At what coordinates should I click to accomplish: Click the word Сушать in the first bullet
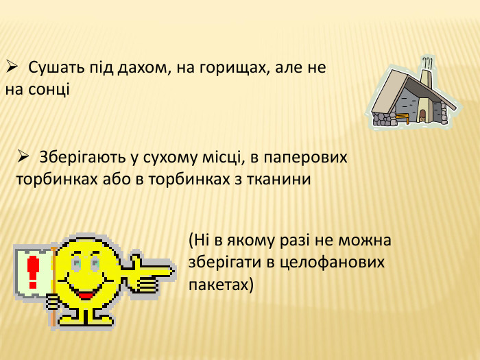[x=55, y=68]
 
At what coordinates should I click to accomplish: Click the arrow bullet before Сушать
[x=12, y=67]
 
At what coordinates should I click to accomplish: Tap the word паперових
[x=309, y=157]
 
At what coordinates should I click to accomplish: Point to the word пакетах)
[x=221, y=284]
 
